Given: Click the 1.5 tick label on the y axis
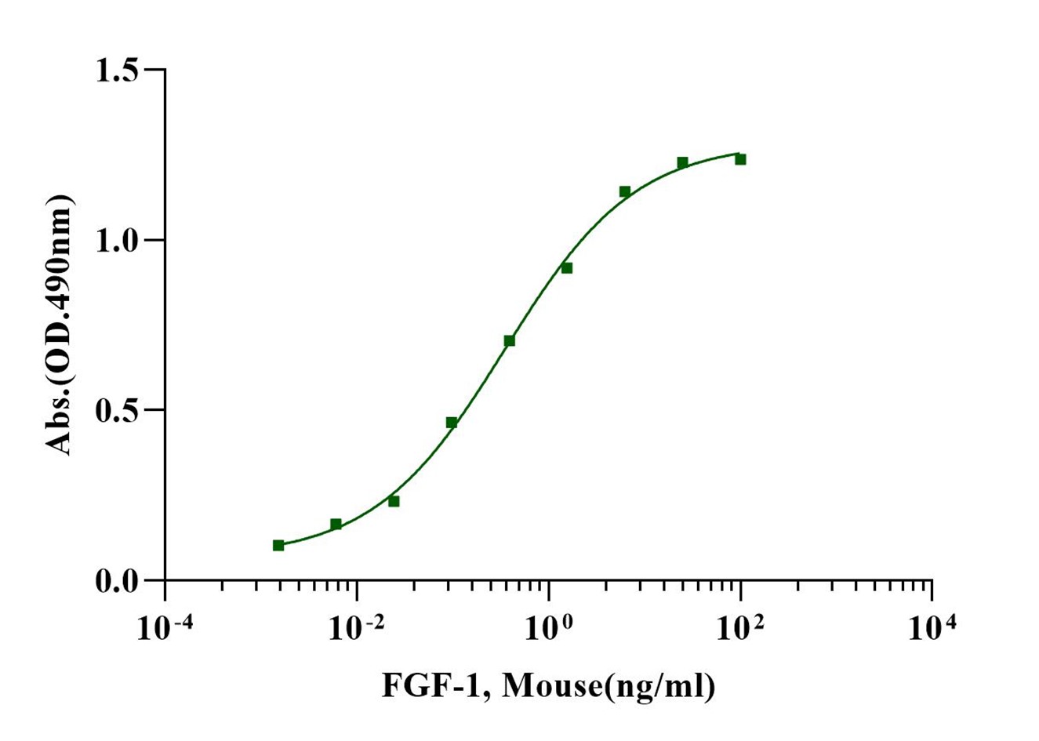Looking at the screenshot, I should [115, 71].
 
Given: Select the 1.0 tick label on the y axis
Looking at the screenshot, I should [115, 241].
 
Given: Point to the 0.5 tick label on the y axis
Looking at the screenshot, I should [115, 411].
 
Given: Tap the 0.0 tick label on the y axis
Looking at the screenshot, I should [115, 582].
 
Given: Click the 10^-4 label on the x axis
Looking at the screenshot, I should [165, 627].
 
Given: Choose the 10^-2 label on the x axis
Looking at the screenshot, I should [357, 627].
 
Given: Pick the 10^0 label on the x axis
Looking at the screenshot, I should [549, 627].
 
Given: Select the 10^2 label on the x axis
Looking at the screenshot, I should [740, 627].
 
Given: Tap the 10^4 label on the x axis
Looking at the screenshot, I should [932, 627].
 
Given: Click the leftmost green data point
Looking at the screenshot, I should [278, 545].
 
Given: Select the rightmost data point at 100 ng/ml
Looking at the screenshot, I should [740, 159].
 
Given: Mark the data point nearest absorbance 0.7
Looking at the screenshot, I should [509, 340].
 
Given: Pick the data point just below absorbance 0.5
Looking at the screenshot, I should [452, 423].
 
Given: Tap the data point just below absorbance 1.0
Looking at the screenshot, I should [567, 268].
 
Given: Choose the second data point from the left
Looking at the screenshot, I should [336, 524].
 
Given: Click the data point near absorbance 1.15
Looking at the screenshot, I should [625, 191].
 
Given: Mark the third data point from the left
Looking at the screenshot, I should [394, 501].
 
